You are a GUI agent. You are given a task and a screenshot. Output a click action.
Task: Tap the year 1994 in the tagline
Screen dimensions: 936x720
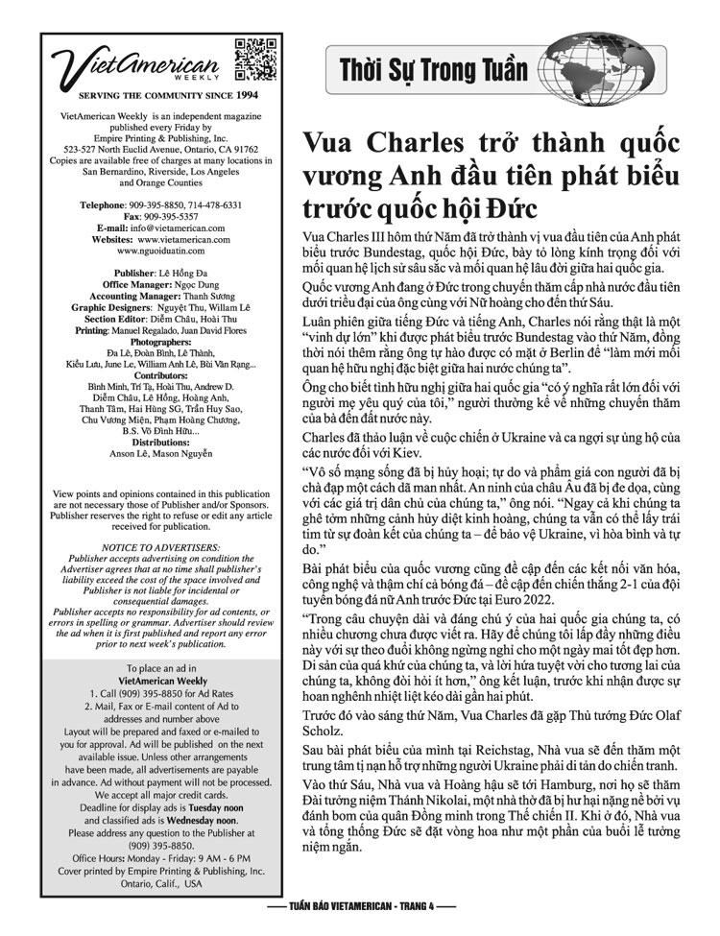point(246,96)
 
